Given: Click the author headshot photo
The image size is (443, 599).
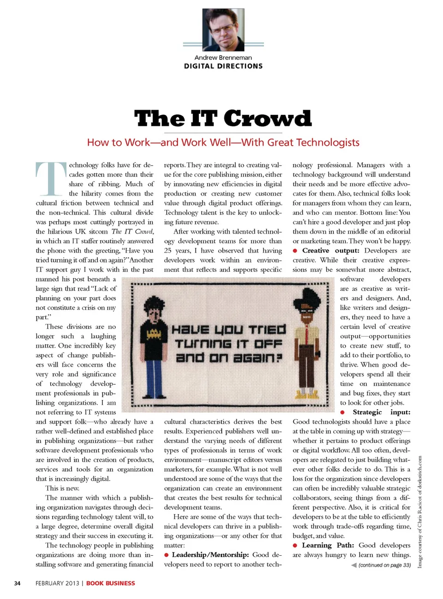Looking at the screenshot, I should (x=223, y=30).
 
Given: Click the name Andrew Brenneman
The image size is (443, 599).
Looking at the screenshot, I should (x=223, y=58).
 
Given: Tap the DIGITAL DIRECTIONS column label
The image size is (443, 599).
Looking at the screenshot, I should (x=223, y=66).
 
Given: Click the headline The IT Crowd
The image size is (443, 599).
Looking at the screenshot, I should (x=223, y=118).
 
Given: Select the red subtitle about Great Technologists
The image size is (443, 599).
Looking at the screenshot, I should (x=223, y=142).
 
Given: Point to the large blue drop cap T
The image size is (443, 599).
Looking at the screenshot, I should (x=51, y=178).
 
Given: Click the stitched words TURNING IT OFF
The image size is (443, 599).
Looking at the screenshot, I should (x=228, y=344).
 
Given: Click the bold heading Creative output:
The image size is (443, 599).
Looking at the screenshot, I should (x=330, y=251).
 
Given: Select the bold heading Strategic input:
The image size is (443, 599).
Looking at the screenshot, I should (x=381, y=412).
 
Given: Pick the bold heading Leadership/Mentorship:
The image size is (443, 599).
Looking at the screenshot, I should (x=210, y=555).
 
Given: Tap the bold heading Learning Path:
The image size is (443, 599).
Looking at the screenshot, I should (x=328, y=545).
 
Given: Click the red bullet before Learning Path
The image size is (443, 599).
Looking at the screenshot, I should (x=295, y=546).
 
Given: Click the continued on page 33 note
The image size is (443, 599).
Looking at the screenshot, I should (x=384, y=565).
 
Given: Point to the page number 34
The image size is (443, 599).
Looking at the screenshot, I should (x=17, y=583).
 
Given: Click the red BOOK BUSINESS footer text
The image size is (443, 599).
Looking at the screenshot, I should (x=111, y=583).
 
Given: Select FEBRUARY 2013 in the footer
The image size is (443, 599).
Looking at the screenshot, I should (x=57, y=583).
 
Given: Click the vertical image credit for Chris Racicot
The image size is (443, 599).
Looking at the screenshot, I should (x=420, y=511).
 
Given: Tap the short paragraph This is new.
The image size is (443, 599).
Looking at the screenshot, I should (x=62, y=488).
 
